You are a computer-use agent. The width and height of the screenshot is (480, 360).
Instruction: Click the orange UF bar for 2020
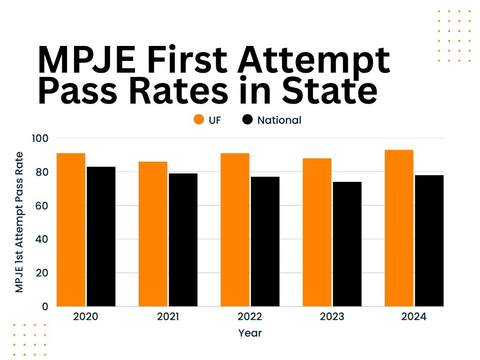71,230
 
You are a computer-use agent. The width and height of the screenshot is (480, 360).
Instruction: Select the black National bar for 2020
101,236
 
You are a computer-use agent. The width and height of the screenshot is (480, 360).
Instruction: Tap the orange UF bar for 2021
153,234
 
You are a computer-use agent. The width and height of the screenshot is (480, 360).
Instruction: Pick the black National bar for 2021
183,240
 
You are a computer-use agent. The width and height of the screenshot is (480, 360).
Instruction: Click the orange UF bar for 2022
235,230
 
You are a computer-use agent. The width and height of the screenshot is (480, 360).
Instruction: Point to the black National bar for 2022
265,241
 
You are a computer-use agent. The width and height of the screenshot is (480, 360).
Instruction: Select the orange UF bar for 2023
317,232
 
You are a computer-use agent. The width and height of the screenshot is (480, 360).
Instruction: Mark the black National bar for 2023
347,244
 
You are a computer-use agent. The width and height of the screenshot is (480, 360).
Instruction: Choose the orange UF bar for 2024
399,228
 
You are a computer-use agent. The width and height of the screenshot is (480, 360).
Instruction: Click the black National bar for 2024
429,240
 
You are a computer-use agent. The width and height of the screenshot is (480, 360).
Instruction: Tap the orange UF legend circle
199,120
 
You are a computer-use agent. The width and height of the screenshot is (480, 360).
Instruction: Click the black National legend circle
247,120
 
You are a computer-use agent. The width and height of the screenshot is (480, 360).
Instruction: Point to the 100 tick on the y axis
40,138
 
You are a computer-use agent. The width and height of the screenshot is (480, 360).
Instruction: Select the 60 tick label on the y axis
42,205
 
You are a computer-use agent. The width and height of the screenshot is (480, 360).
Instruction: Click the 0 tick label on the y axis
45,307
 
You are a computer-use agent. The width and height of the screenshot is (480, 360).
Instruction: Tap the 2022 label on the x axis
250,317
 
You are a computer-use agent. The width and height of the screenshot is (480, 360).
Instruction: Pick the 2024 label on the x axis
414,317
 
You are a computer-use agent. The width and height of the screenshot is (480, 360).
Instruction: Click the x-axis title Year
250,333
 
